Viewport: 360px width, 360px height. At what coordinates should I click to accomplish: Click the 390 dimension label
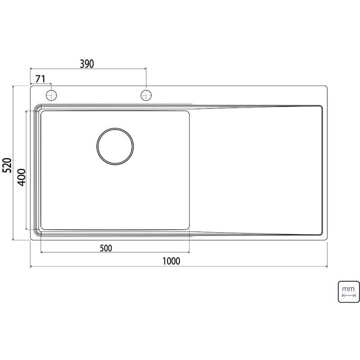(x=87, y=64)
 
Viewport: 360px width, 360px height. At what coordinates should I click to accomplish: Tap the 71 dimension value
(x=40, y=79)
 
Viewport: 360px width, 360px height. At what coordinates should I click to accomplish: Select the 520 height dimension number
(x=7, y=165)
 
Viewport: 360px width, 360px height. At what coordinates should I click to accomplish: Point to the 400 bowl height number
(x=22, y=177)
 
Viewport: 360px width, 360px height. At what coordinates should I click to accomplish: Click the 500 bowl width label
(x=106, y=248)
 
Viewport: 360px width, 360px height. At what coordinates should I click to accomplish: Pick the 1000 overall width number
(x=171, y=261)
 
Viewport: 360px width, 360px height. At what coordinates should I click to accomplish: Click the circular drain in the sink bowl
(x=115, y=147)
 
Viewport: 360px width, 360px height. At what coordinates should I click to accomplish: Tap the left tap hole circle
(x=51, y=95)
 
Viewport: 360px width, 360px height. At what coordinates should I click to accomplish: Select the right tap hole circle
(x=146, y=95)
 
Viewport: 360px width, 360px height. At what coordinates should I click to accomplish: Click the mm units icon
(x=348, y=292)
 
